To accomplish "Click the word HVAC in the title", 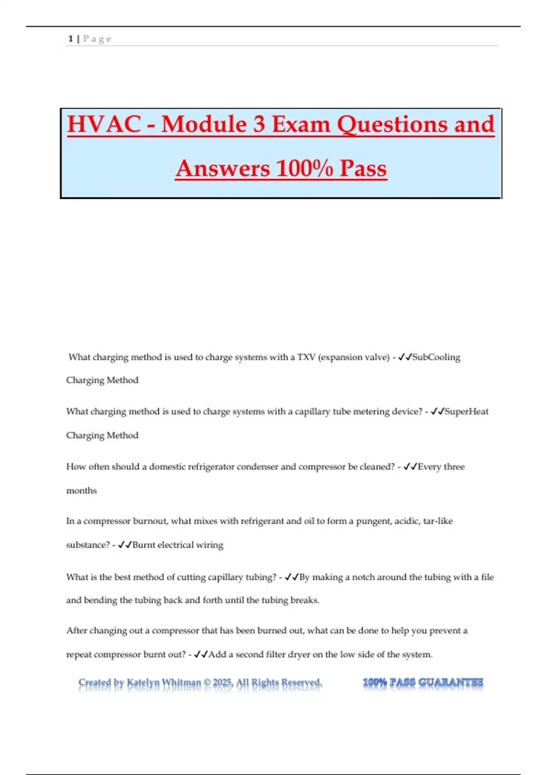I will [104, 124].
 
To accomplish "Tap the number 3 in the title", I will [259, 124].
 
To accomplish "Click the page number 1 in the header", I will [71, 39].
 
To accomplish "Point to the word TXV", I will [306, 357].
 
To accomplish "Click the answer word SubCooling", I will [436, 357].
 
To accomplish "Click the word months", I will [82, 491].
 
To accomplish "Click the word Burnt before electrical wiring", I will [144, 545].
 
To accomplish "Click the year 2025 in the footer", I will [223, 682].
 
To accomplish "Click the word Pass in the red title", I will [363, 168].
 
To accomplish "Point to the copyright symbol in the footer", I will [207, 682].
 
